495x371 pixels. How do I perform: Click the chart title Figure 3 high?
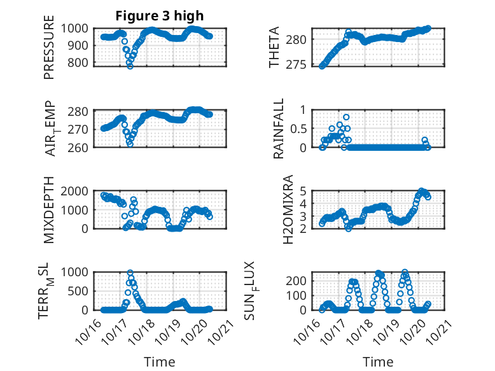160,16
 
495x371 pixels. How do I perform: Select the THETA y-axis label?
274,46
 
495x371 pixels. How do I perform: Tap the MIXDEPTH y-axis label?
50,209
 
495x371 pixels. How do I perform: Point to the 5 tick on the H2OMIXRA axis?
304,191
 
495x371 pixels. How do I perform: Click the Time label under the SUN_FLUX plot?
378,362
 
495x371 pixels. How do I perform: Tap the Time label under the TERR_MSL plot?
160,362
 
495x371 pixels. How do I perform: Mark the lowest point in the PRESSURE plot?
130,66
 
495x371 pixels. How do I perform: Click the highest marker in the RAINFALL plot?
346,117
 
